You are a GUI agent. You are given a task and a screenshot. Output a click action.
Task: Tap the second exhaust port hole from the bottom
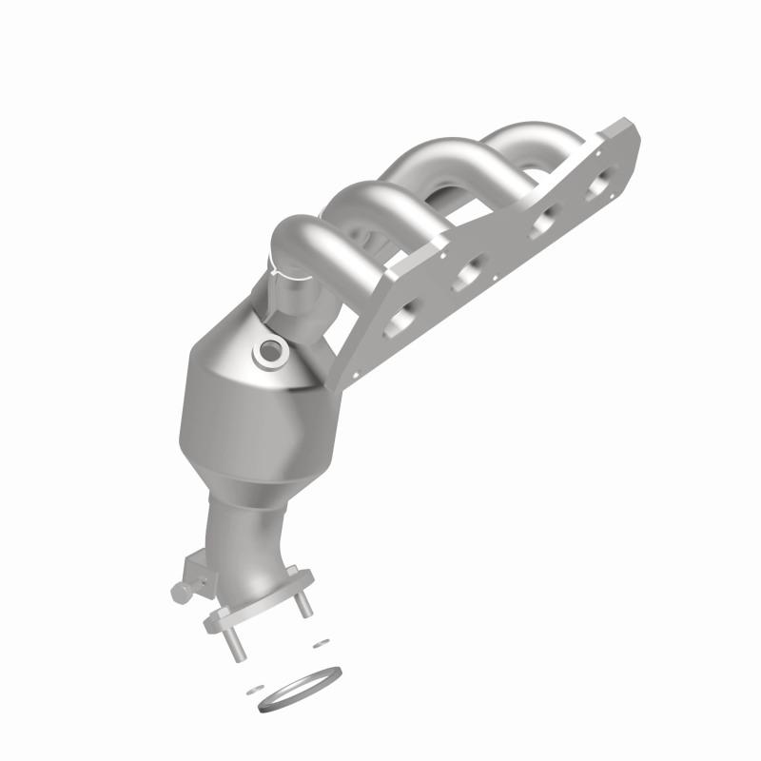(x=468, y=276)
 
